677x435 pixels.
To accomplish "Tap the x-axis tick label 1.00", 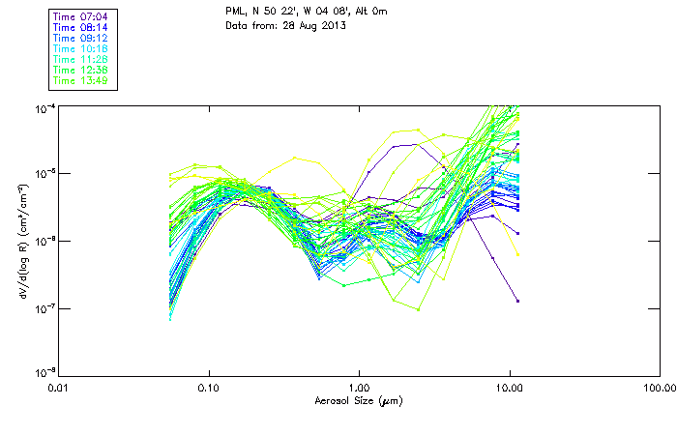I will (x=359, y=387).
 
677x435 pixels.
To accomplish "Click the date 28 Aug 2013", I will (x=313, y=25).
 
